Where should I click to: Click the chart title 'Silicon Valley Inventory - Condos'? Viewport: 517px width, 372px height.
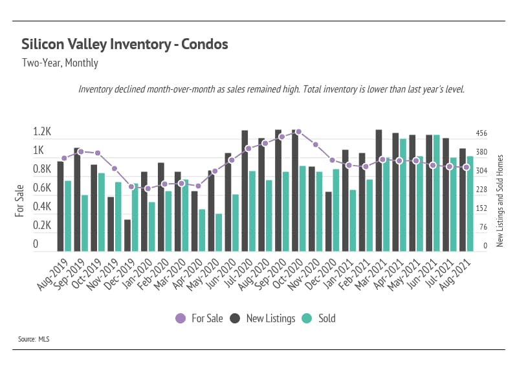pos(125,45)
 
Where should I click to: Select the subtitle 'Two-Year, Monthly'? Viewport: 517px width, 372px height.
pos(60,63)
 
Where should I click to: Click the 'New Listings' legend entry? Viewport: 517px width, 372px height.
pos(263,318)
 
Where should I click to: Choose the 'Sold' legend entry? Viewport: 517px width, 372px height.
pos(320,318)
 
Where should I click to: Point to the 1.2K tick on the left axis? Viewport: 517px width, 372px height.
pos(42,132)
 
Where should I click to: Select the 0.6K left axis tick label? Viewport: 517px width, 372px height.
pos(42,188)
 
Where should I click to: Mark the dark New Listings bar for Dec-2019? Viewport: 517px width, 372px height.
pos(127,235)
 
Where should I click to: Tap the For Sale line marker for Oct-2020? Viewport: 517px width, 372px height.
pos(298,131)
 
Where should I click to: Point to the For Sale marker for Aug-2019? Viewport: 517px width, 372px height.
pos(64,158)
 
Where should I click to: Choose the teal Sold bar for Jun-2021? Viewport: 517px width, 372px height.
pos(437,193)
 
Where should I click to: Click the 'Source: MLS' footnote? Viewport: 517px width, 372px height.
pos(35,338)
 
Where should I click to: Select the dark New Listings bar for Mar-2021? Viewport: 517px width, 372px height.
pos(379,191)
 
